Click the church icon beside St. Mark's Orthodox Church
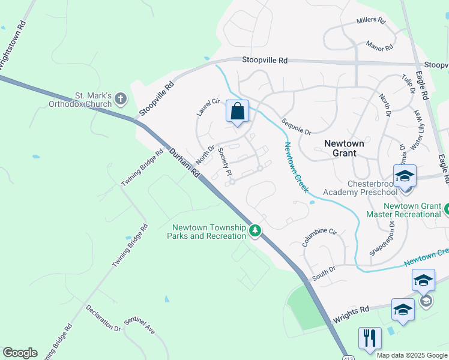tap(121, 98)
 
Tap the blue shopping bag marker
tap(237, 112)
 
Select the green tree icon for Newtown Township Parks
tap(255, 230)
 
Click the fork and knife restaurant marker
tap(370, 337)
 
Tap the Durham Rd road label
tap(184, 163)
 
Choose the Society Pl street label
tap(224, 161)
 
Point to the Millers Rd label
tap(370, 20)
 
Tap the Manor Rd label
tap(379, 46)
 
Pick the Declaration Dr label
tap(103, 318)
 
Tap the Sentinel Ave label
tap(139, 326)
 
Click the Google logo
tap(20, 353)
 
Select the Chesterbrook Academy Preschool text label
tap(360, 187)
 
